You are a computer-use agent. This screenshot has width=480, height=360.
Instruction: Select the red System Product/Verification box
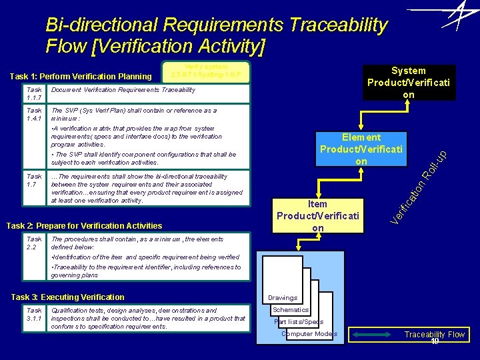(409, 83)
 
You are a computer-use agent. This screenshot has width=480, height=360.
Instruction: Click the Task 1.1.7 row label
(34, 94)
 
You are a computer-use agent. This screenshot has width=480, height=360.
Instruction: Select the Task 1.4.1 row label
(34, 115)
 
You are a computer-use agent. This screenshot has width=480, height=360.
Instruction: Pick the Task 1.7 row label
(34, 181)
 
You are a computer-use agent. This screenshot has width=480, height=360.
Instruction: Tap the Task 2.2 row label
(34, 243)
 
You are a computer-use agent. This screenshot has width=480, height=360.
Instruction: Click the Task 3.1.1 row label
(34, 314)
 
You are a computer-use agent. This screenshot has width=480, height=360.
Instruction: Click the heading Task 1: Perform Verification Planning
(80, 76)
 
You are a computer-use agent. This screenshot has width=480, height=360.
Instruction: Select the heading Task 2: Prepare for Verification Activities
(84, 225)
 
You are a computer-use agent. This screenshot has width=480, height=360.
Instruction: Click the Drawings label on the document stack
(283, 298)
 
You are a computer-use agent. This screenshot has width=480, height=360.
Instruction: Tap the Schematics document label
(291, 309)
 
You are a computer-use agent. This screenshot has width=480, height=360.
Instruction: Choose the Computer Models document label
(309, 333)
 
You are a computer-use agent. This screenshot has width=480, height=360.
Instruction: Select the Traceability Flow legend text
(434, 335)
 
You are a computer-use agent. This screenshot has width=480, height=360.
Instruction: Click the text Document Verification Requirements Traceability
(123, 90)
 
